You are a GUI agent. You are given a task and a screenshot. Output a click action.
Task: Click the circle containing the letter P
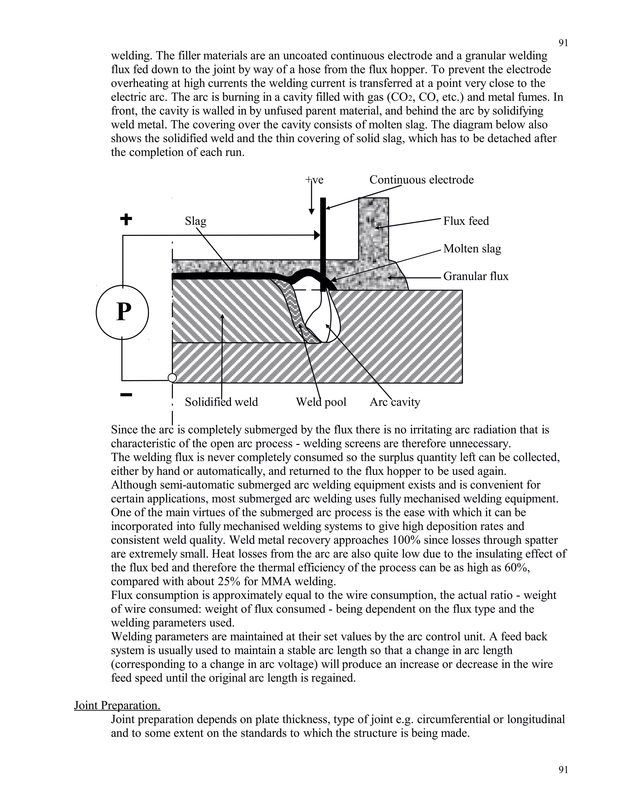pos(122,312)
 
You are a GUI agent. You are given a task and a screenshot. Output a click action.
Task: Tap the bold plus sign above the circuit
pos(126,219)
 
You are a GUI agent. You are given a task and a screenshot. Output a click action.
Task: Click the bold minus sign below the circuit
pos(126,395)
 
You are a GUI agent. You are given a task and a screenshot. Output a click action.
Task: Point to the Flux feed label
pos(466,221)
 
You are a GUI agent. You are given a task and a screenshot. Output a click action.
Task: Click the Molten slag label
pos(472,249)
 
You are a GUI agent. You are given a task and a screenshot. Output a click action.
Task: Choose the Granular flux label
pos(476,276)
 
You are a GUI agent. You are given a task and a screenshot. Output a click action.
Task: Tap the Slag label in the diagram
pos(195,221)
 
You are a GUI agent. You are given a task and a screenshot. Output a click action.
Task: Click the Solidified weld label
pos(221,402)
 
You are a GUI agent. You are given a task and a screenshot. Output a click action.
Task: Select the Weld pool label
pos(321,402)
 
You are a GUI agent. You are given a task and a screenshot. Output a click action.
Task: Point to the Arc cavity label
pos(394,402)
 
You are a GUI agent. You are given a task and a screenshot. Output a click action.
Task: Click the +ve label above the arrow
pos(314,180)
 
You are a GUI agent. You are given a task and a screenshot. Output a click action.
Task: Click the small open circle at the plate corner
pos(172,378)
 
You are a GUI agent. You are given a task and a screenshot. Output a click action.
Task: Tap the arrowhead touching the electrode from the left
pos(317,235)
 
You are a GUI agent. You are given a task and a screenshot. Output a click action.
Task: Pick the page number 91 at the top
pos(563,43)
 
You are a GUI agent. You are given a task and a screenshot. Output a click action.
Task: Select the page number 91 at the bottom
pos(563,770)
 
